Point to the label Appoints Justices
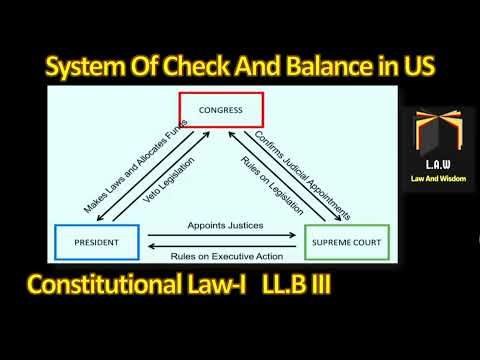point(222,227)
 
